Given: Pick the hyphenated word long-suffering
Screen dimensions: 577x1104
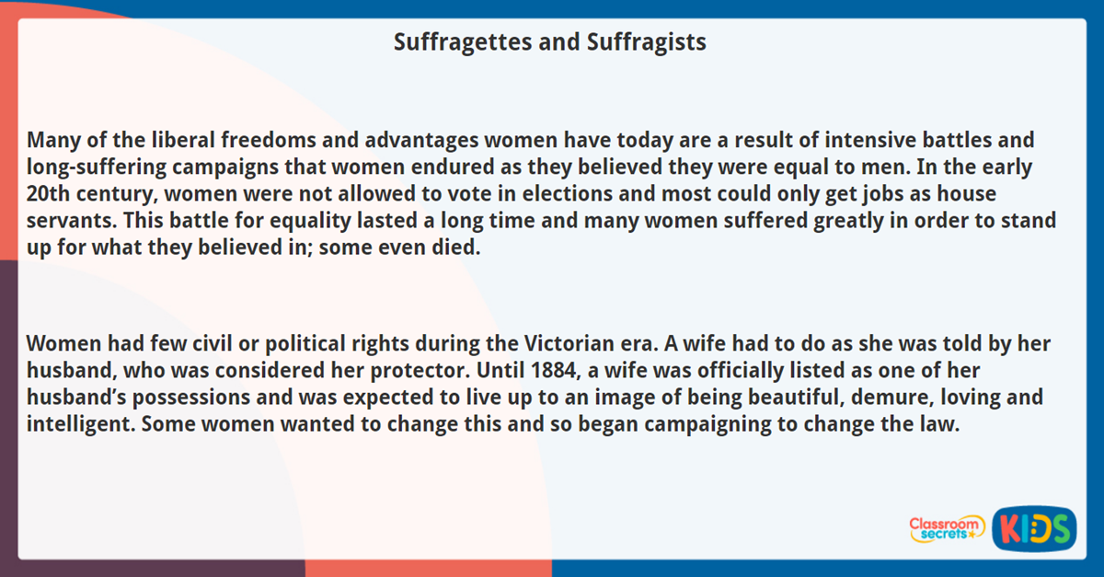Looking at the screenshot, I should coord(92,168).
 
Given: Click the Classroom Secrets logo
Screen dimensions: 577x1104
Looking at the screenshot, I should coord(946,528).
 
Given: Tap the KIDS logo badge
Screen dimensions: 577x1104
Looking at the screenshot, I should coord(1034,529).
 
